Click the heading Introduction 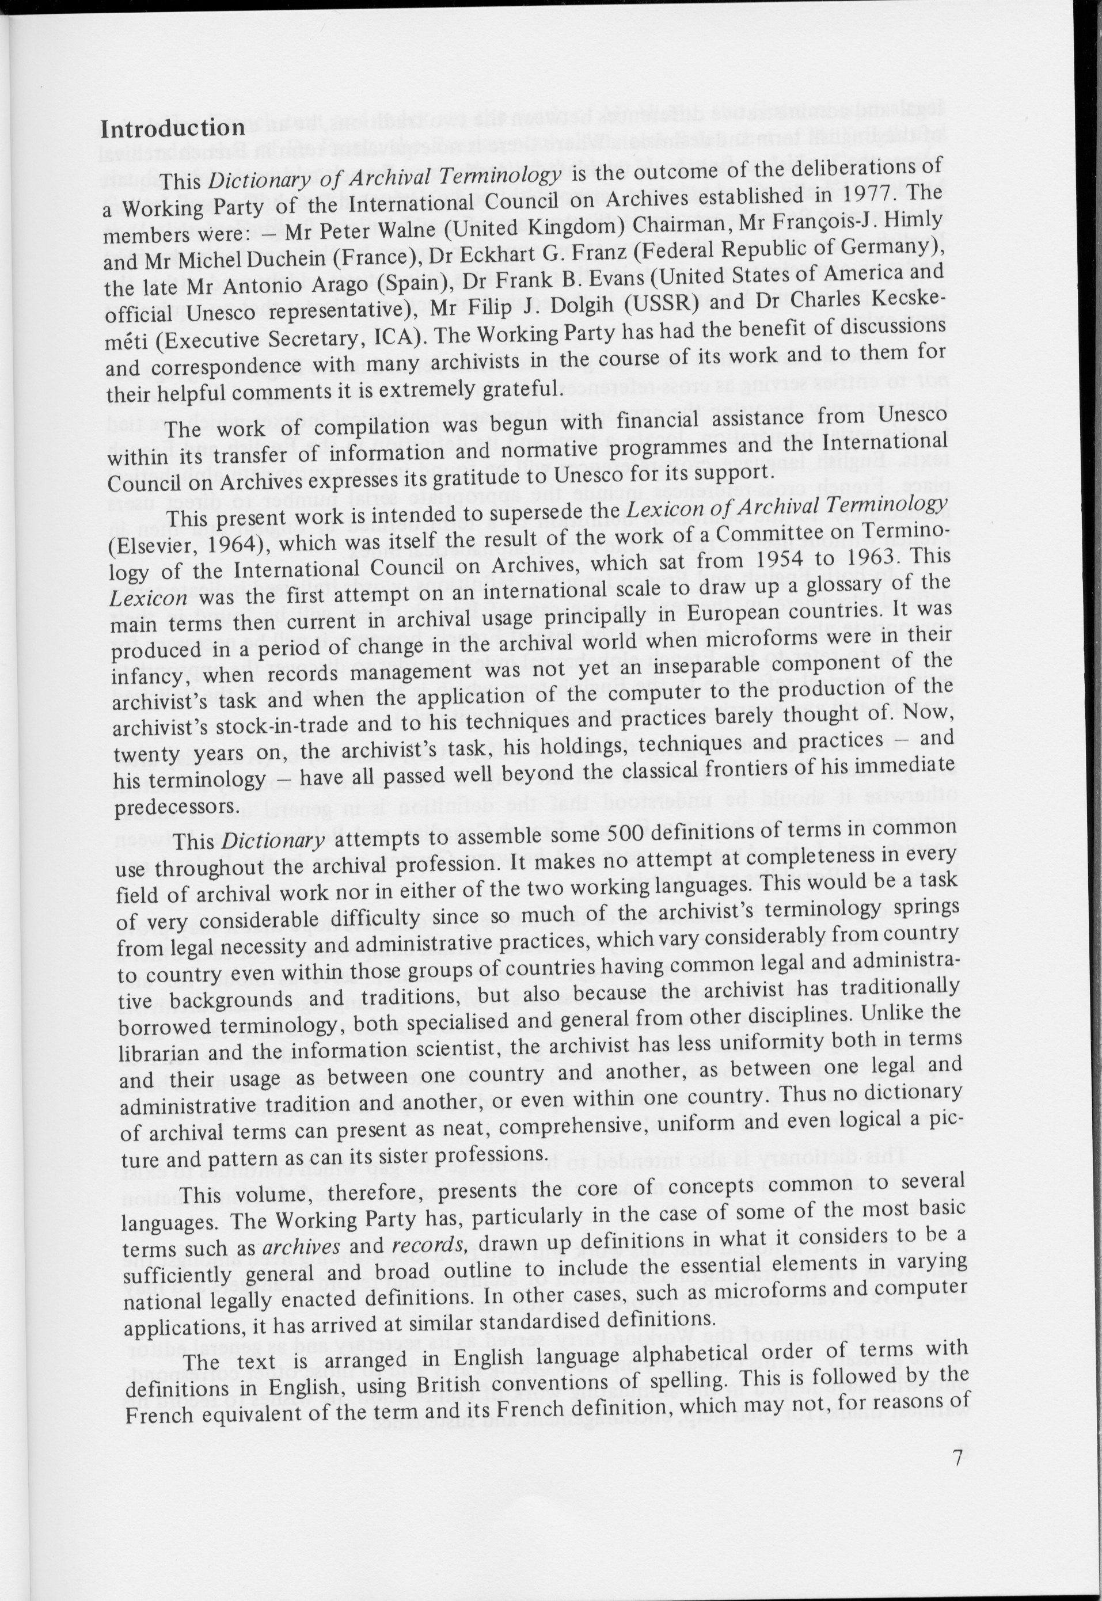[172, 128]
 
